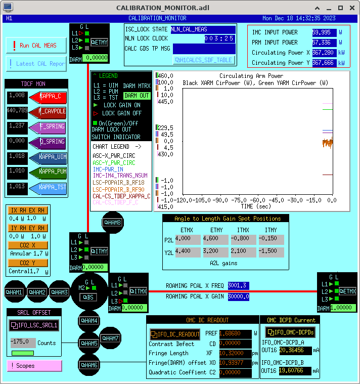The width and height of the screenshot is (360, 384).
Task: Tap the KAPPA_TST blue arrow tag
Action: [x=49, y=188]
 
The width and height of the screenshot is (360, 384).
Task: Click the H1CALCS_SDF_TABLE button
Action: [x=204, y=60]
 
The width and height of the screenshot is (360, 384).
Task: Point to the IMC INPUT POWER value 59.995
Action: [x=321, y=32]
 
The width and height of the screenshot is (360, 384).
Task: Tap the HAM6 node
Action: [x=89, y=365]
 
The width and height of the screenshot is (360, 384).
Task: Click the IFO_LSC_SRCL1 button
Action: [x=34, y=325]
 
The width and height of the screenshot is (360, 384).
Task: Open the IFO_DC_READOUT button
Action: [x=175, y=334]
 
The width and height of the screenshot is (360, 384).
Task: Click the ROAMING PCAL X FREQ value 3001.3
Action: [x=238, y=286]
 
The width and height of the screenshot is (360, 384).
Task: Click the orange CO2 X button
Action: [x=28, y=245]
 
